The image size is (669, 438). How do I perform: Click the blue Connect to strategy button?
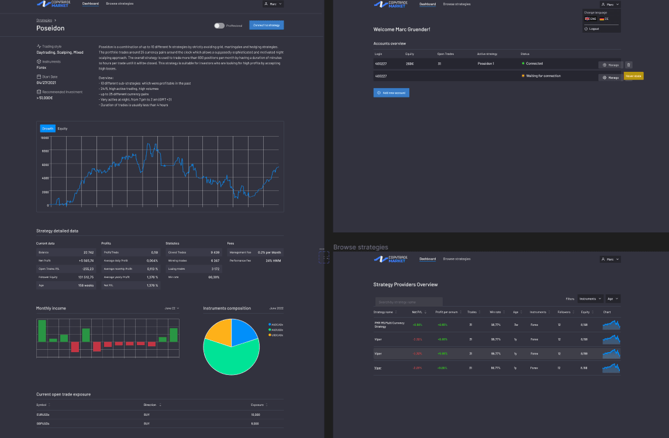(x=267, y=25)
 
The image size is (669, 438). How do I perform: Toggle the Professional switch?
(x=219, y=26)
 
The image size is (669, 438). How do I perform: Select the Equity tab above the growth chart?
(x=63, y=128)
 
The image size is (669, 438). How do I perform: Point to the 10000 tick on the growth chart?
(x=45, y=138)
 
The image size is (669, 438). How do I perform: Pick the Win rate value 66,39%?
(x=214, y=277)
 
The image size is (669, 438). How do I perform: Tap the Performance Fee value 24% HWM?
(x=273, y=260)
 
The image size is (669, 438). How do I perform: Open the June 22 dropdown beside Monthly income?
(x=172, y=308)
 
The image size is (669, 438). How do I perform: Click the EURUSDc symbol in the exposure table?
(x=43, y=414)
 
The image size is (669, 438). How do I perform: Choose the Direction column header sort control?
(x=160, y=405)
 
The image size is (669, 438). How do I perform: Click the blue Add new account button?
(x=391, y=93)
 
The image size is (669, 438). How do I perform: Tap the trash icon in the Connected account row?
(x=629, y=65)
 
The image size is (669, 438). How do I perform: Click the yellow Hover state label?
(x=633, y=76)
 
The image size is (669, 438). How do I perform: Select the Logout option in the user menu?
(x=594, y=29)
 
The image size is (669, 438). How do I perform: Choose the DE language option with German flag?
(x=604, y=19)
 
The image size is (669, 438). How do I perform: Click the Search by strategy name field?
(x=409, y=302)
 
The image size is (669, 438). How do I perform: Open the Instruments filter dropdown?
(x=590, y=298)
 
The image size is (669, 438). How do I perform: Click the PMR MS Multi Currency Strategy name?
(x=389, y=324)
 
